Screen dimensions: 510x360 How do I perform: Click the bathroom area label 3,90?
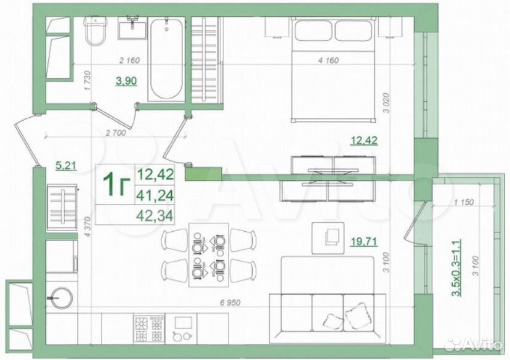(126, 80)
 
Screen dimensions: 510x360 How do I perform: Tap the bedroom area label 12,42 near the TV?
(364, 141)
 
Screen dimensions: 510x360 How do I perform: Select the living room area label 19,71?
(364, 242)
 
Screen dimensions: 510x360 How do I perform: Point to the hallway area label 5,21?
(66, 165)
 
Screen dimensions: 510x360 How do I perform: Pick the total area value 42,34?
(155, 215)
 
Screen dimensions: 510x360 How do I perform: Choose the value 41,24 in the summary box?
(155, 195)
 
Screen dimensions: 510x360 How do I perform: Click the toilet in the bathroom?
(95, 30)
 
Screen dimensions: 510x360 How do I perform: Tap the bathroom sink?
(132, 27)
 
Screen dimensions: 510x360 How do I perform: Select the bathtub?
(166, 59)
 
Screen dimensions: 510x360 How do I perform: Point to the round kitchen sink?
(60, 298)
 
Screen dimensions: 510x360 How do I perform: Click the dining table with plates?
(208, 255)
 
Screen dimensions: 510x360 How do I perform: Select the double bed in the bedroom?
(333, 70)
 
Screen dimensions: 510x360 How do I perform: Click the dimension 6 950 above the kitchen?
(230, 303)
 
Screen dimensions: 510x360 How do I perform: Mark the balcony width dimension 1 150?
(463, 202)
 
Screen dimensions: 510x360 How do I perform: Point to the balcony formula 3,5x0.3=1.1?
(456, 268)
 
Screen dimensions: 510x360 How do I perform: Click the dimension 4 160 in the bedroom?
(328, 60)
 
